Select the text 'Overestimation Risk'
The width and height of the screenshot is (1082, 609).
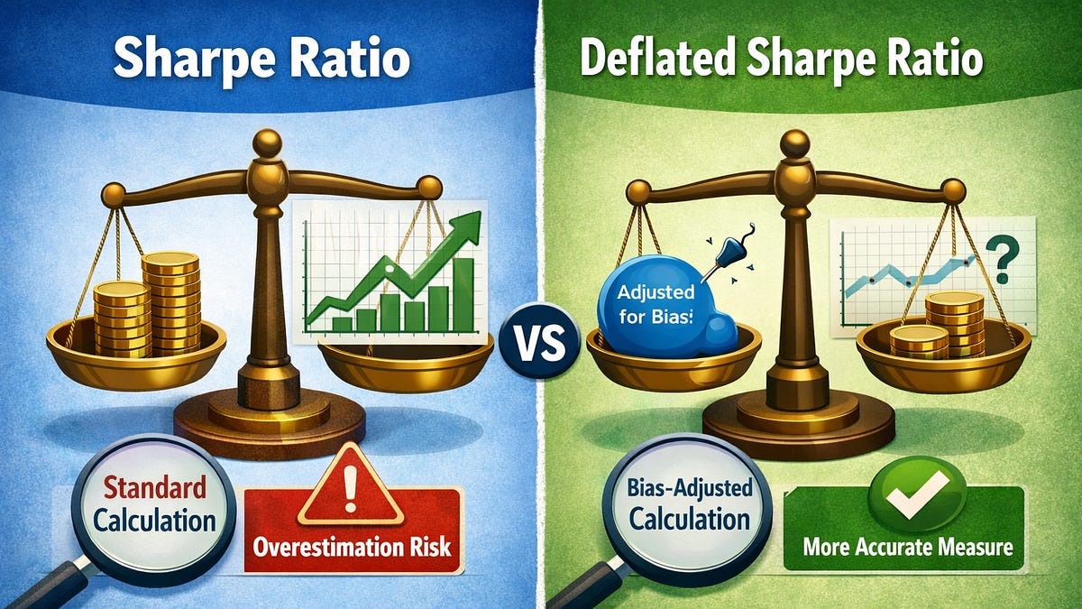353,546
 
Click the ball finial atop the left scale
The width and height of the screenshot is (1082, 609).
267,143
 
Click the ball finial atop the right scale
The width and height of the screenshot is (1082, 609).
794,143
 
